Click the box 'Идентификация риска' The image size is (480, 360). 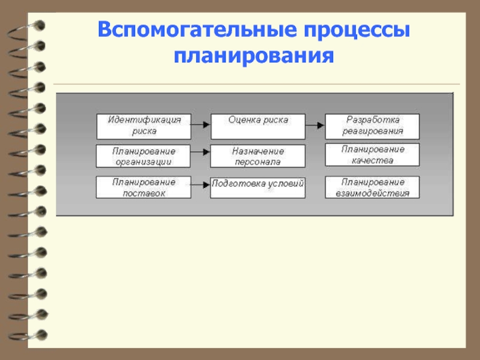143,126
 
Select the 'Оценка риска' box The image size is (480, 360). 257,126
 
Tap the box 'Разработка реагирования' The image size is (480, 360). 372,126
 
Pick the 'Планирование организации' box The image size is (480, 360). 143,156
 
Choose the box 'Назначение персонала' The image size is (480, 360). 257,156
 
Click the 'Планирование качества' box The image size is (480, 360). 372,155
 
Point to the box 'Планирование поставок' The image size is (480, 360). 143,187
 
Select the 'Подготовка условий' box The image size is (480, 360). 257,187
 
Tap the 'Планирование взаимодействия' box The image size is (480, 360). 372,187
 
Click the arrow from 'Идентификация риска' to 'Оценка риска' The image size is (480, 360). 200,125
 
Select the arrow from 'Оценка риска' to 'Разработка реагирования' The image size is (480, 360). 315,125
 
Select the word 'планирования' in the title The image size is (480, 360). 254,58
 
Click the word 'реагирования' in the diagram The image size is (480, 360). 373,131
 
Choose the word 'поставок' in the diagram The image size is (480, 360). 143,193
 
